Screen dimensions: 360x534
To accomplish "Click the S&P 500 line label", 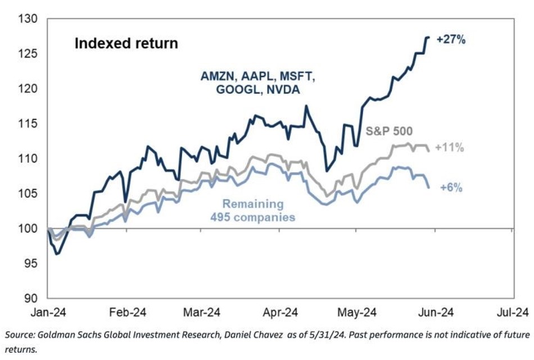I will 390,132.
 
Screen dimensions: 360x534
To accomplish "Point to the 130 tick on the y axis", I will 28,19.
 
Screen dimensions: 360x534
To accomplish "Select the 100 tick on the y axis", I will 28,229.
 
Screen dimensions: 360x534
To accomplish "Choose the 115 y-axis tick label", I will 28,124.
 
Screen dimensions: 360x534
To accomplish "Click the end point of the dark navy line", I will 429,38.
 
